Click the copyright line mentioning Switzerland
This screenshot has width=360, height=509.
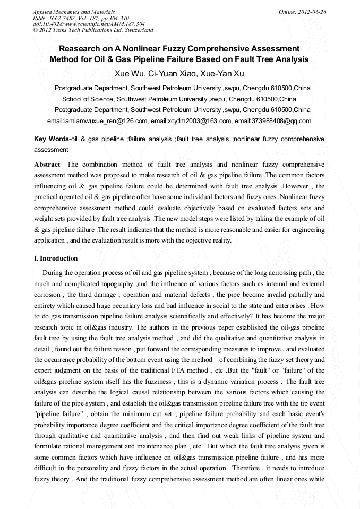(x=93, y=30)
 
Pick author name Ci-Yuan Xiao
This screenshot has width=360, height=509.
(x=176, y=73)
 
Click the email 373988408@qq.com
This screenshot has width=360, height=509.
(x=273, y=121)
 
